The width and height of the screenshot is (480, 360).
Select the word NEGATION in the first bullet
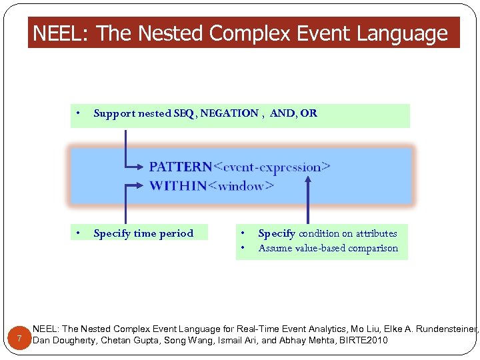228,113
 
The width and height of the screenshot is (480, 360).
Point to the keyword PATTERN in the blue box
180,167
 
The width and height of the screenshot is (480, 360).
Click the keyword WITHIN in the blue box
178,185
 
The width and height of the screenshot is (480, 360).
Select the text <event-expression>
272,167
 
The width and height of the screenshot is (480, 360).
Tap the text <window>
241,185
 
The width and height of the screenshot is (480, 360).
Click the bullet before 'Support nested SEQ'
79,113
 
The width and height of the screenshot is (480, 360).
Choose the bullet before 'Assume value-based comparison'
243,249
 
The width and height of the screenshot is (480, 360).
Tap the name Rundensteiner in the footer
444,329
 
